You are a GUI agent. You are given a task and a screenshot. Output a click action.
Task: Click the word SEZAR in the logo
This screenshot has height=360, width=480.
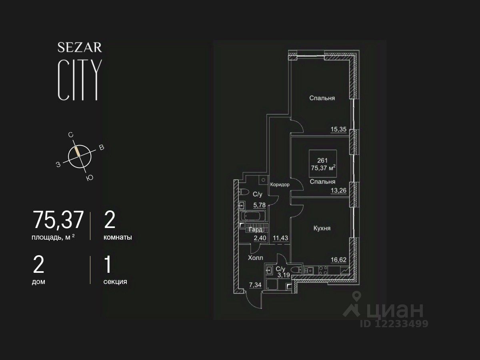click(x=80, y=48)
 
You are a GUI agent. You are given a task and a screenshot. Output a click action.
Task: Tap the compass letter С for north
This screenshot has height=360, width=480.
click(x=71, y=135)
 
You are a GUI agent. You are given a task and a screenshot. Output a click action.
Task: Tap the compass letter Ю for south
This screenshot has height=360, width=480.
click(x=90, y=178)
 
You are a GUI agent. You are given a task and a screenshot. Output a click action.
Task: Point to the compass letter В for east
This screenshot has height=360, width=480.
click(x=102, y=148)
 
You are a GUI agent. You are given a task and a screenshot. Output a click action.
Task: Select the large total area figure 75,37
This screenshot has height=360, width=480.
click(x=58, y=220)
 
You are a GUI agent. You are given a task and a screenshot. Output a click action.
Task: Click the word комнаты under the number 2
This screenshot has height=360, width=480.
click(x=118, y=237)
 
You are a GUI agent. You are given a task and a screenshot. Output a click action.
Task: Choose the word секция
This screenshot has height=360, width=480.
click(x=115, y=282)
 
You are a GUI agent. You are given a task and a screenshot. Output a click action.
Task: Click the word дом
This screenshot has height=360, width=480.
click(x=38, y=282)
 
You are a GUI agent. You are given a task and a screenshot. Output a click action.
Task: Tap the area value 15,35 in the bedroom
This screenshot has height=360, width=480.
click(x=338, y=129)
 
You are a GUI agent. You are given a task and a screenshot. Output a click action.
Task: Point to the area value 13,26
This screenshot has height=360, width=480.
click(x=338, y=190)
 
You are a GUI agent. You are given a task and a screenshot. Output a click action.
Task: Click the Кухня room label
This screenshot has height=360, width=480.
click(x=322, y=228)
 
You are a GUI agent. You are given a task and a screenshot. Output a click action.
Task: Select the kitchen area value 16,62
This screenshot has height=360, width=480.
click(x=338, y=259)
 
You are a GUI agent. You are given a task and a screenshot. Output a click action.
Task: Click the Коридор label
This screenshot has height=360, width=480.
click(x=280, y=185)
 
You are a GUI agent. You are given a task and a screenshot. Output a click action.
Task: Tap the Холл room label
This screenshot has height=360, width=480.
click(x=255, y=258)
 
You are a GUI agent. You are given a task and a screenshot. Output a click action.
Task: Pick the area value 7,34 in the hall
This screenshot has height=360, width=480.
click(x=256, y=285)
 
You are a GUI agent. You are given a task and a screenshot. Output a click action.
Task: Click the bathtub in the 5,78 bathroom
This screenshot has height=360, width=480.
click(x=252, y=216)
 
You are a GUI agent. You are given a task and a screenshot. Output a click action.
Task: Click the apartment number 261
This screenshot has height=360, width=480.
click(x=322, y=160)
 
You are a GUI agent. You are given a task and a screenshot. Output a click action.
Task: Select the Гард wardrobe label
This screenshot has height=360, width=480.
click(x=256, y=230)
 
